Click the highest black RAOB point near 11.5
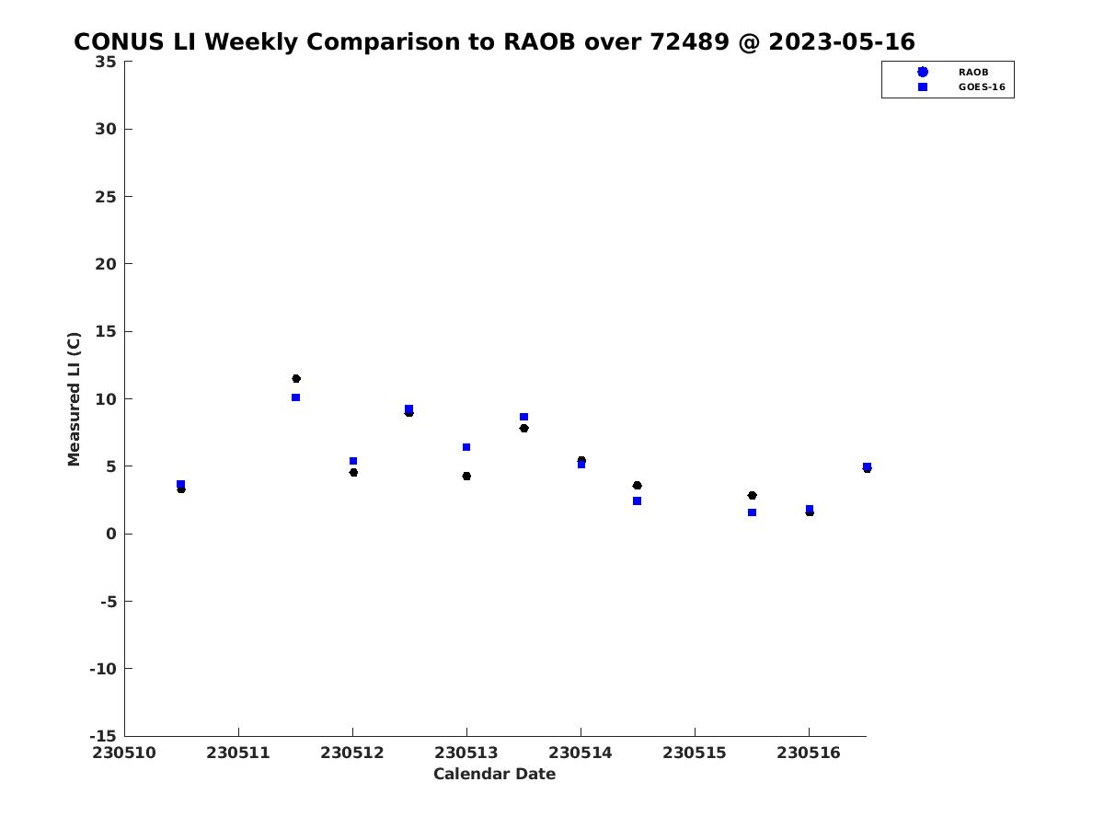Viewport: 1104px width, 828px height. (295, 378)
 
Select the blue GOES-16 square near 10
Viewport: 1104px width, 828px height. (295, 397)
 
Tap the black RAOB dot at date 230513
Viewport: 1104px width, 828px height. (466, 476)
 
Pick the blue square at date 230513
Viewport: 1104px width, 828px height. (466, 447)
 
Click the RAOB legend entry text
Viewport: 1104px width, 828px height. (972, 72)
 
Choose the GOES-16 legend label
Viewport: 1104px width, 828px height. (982, 86)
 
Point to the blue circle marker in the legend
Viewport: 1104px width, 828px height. (923, 72)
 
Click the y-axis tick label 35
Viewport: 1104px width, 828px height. (106, 62)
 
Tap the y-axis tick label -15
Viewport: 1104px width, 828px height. (103, 736)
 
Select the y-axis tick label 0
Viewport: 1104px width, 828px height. (111, 534)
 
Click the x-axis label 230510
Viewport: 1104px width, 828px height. (124, 753)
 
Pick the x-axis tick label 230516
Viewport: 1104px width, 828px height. (809, 753)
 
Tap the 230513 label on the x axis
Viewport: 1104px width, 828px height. (466, 753)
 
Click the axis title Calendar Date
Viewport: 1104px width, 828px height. (494, 773)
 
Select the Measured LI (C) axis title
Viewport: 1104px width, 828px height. (74, 399)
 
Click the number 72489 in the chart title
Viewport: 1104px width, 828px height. (690, 41)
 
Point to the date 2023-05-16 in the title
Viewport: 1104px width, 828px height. (842, 41)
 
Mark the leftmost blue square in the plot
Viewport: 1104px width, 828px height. (180, 484)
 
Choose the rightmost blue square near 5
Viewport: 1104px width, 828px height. (868, 466)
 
